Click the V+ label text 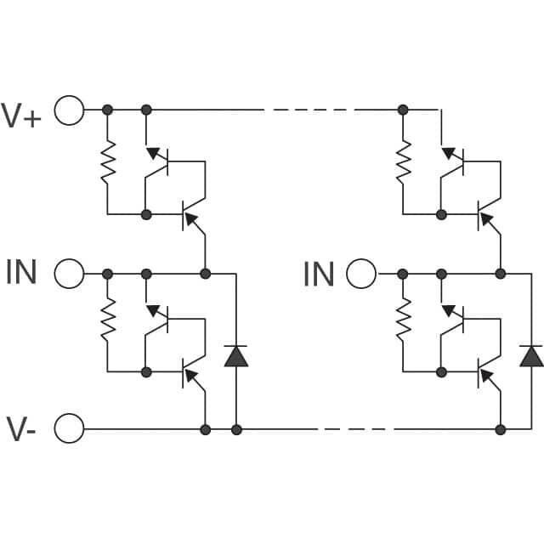point(21,114)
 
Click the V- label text point(21,427)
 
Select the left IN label point(21,273)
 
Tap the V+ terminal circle point(70,110)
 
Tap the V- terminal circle point(70,429)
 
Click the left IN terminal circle point(70,274)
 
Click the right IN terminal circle point(361,274)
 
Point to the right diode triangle point(532,356)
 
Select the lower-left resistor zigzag point(107,322)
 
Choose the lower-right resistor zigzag point(403,322)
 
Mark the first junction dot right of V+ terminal point(107,110)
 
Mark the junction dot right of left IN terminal point(107,274)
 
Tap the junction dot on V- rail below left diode point(236,429)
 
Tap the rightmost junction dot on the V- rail point(501,429)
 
